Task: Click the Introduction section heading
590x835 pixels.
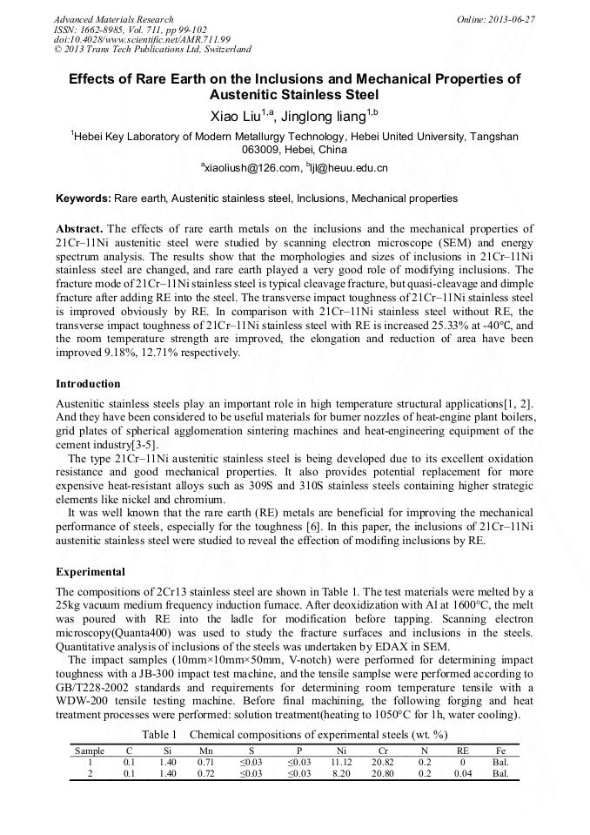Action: click(88, 384)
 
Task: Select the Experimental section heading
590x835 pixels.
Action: click(91, 572)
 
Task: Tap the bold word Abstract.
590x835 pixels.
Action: click(79, 227)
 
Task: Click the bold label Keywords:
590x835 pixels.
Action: click(83, 199)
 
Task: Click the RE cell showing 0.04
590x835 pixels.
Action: click(463, 772)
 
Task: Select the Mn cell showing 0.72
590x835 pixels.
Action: click(206, 772)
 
